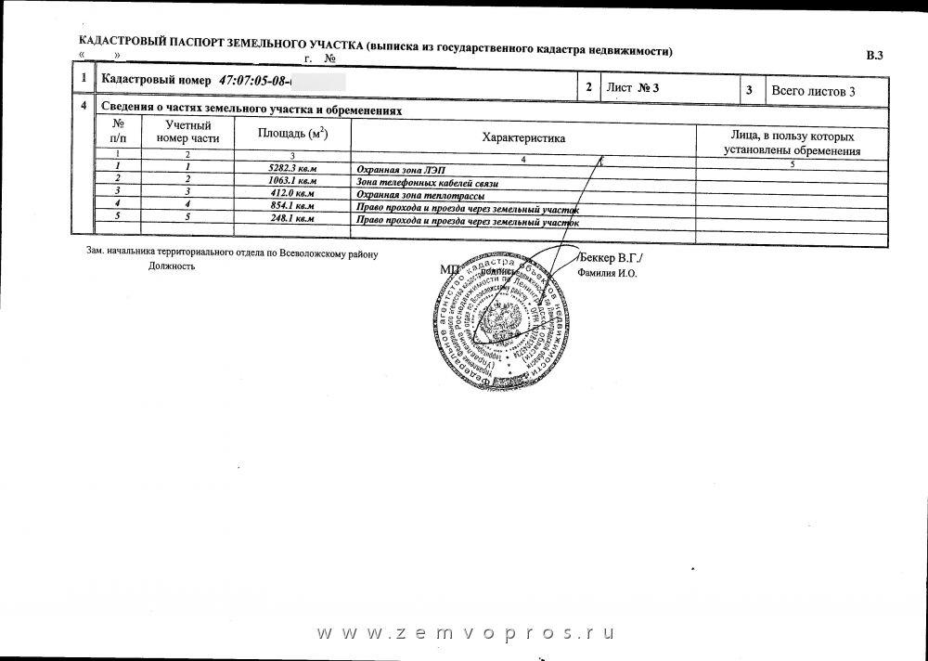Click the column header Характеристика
[x=523, y=136]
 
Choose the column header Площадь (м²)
[x=292, y=135]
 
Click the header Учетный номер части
[x=188, y=131]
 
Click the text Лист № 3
[x=632, y=88]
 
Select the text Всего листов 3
[x=812, y=90]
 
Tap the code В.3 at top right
[x=874, y=57]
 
